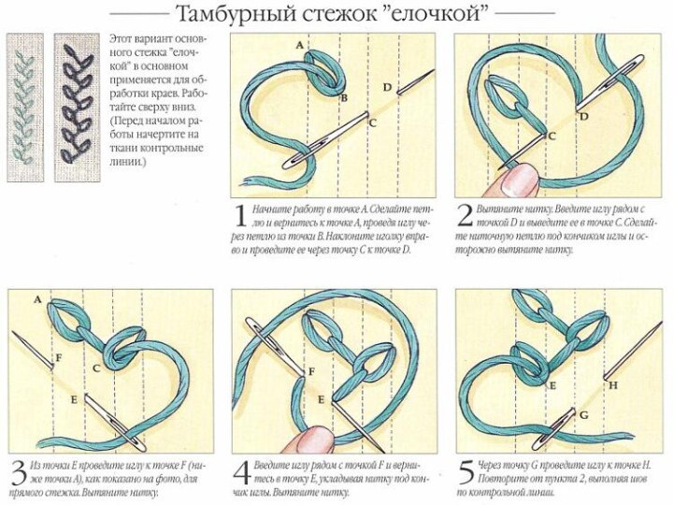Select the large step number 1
241,216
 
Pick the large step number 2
465,216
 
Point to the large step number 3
20,473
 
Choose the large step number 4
242,473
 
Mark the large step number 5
466,473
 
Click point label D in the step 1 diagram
388,88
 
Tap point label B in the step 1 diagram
344,98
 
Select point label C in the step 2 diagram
552,137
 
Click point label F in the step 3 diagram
58,357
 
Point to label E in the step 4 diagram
321,400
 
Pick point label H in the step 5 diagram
613,385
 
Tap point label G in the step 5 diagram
583,415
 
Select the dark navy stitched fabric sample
78,108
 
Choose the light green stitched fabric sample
25,108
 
